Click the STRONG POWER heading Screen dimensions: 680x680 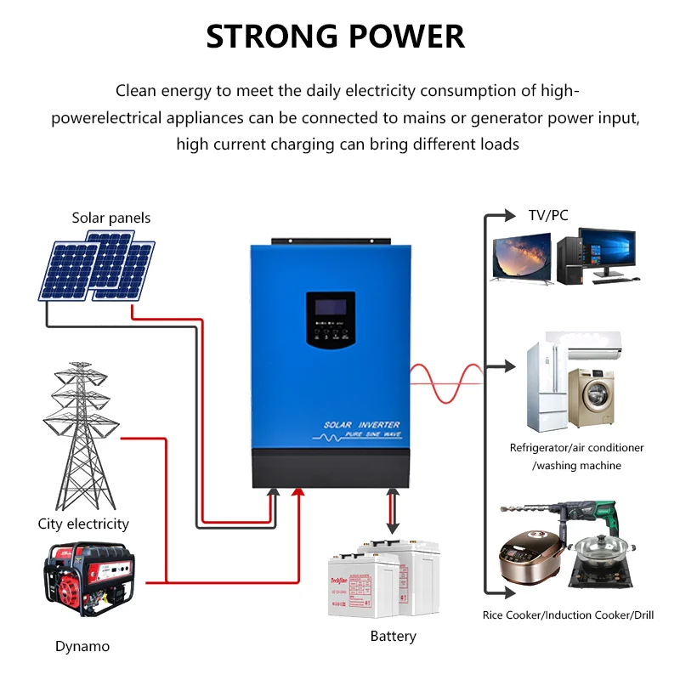(336, 37)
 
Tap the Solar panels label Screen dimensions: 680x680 (111, 218)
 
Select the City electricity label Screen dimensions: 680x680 (83, 524)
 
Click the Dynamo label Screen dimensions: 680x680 (82, 646)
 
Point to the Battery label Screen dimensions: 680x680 (393, 636)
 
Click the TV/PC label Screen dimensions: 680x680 (547, 215)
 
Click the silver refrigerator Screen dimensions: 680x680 (545, 387)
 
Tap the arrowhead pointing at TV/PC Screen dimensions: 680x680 (509, 215)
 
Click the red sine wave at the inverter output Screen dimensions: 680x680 (446, 382)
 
